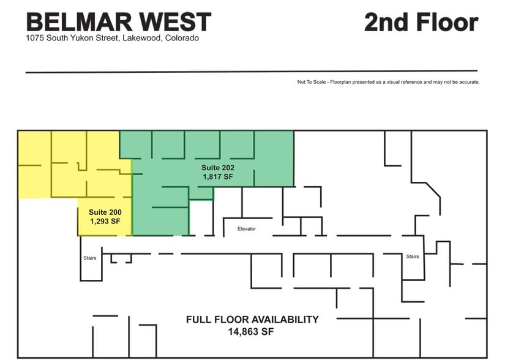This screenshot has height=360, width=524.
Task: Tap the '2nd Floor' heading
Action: tap(421, 22)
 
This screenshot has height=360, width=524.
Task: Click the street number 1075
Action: tap(35, 38)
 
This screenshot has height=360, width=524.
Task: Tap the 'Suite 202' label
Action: tap(219, 167)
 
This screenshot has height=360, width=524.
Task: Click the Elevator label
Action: tap(247, 229)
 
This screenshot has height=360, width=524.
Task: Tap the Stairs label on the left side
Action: tap(90, 258)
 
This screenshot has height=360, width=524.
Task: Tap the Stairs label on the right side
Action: tap(413, 257)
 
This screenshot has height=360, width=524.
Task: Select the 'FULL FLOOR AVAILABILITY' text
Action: tap(253, 320)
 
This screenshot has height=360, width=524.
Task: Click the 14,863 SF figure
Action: tap(253, 332)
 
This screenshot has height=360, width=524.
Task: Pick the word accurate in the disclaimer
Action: tap(469, 82)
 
